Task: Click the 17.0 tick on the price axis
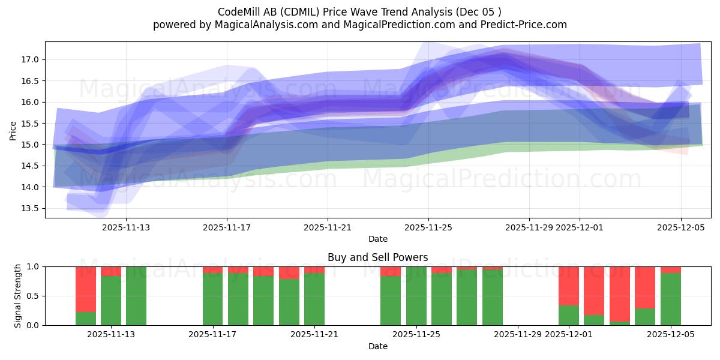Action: pyautogui.click(x=30, y=59)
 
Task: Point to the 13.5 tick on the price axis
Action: pyautogui.click(x=30, y=208)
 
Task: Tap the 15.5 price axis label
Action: pyautogui.click(x=30, y=123)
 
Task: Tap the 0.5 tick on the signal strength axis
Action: pyautogui.click(x=33, y=296)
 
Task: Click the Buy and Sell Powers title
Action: pyautogui.click(x=377, y=257)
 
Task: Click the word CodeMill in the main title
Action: pyautogui.click(x=238, y=12)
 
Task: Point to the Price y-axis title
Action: pyautogui.click(x=13, y=130)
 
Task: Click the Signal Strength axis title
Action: pyautogui.click(x=18, y=295)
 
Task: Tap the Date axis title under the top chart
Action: pyautogui.click(x=377, y=239)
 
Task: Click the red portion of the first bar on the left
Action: pyautogui.click(x=86, y=289)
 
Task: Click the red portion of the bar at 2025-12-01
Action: pyautogui.click(x=569, y=286)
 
